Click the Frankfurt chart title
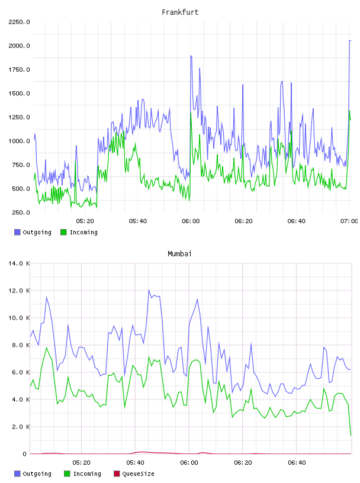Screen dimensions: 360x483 (180, 12)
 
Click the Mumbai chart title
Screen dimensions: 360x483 (179, 253)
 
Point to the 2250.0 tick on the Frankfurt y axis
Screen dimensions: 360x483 (19, 22)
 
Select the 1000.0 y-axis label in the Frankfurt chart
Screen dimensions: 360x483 (19, 141)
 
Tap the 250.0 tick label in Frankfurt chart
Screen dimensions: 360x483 (21, 212)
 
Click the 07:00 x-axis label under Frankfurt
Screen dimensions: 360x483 (349, 221)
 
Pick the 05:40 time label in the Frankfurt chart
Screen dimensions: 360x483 (138, 221)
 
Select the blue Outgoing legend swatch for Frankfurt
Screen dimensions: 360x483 (17, 232)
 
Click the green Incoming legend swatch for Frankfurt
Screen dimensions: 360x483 (63, 232)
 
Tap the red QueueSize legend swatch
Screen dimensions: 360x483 (117, 474)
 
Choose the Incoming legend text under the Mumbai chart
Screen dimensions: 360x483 (87, 474)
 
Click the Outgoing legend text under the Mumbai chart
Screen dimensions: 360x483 (37, 474)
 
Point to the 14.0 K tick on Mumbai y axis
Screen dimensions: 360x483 (19, 263)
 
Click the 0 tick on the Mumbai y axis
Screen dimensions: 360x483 (24, 454)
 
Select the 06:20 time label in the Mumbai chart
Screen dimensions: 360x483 (243, 463)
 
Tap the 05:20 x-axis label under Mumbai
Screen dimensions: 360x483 (81, 463)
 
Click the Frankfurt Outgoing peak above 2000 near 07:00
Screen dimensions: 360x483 (350, 40)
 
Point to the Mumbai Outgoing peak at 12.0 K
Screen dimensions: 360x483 (149, 290)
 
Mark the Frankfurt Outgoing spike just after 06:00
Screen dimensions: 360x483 (191, 56)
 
